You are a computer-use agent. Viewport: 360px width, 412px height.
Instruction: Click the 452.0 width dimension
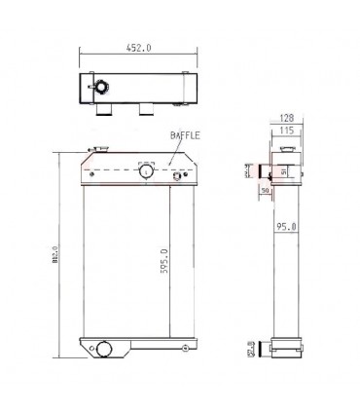coord(137,44)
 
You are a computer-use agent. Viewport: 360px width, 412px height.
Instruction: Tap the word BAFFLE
coord(185,137)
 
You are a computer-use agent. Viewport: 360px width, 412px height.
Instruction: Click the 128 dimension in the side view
coord(286,117)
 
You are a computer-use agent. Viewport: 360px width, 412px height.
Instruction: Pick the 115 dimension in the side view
coord(286,129)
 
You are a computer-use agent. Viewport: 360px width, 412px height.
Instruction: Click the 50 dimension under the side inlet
coord(264,191)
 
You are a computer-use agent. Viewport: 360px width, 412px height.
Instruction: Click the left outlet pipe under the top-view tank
coord(102,116)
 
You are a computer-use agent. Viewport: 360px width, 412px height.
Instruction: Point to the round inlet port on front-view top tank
coord(147,171)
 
